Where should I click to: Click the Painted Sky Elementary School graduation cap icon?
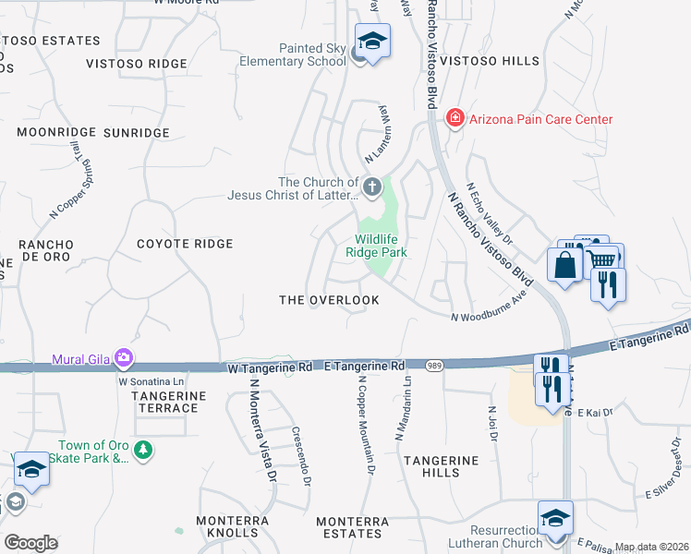click(x=373, y=42)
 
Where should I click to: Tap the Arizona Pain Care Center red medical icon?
click(x=454, y=119)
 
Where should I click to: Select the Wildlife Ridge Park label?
click(x=376, y=245)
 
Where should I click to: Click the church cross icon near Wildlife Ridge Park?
click(x=371, y=188)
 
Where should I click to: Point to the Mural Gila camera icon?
click(x=124, y=357)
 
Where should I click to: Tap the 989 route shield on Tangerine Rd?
click(x=434, y=367)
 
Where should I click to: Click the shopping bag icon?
click(x=564, y=264)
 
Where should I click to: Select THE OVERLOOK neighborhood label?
click(x=330, y=301)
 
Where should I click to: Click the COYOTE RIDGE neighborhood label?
click(x=185, y=244)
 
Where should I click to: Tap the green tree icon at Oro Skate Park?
click(x=142, y=450)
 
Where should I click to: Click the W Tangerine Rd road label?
click(x=270, y=367)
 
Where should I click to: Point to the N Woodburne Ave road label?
click(x=488, y=310)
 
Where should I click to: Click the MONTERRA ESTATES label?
click(x=352, y=527)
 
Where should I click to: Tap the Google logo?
click(x=30, y=542)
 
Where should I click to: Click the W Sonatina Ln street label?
click(x=152, y=380)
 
